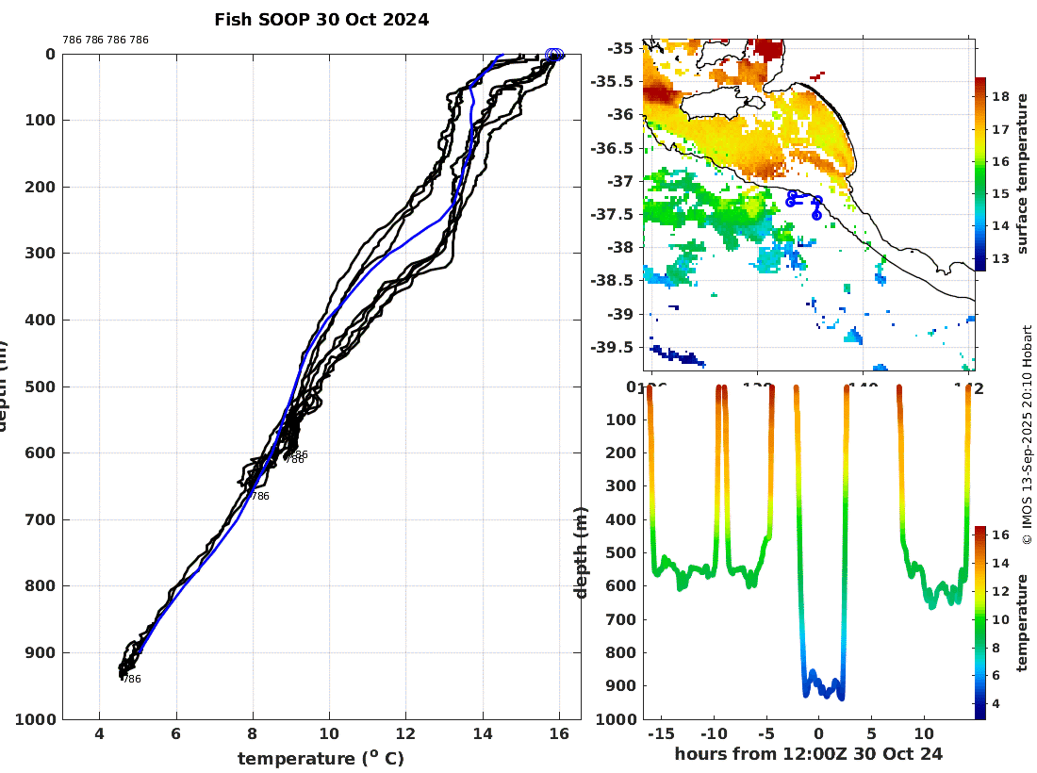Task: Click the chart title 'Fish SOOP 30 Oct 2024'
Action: (x=321, y=20)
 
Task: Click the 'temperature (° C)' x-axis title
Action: (x=321, y=759)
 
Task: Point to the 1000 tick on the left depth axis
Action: (x=35, y=719)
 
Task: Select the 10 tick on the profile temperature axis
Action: (x=329, y=735)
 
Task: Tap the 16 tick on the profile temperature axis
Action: (x=559, y=735)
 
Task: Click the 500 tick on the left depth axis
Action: (x=39, y=386)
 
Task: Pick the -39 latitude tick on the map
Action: (x=623, y=314)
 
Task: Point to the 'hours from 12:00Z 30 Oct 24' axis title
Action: (x=809, y=754)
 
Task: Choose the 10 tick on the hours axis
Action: (x=924, y=733)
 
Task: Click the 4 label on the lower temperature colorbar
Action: (x=999, y=703)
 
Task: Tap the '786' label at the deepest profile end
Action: (x=132, y=679)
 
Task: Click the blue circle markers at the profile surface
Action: (x=554, y=55)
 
